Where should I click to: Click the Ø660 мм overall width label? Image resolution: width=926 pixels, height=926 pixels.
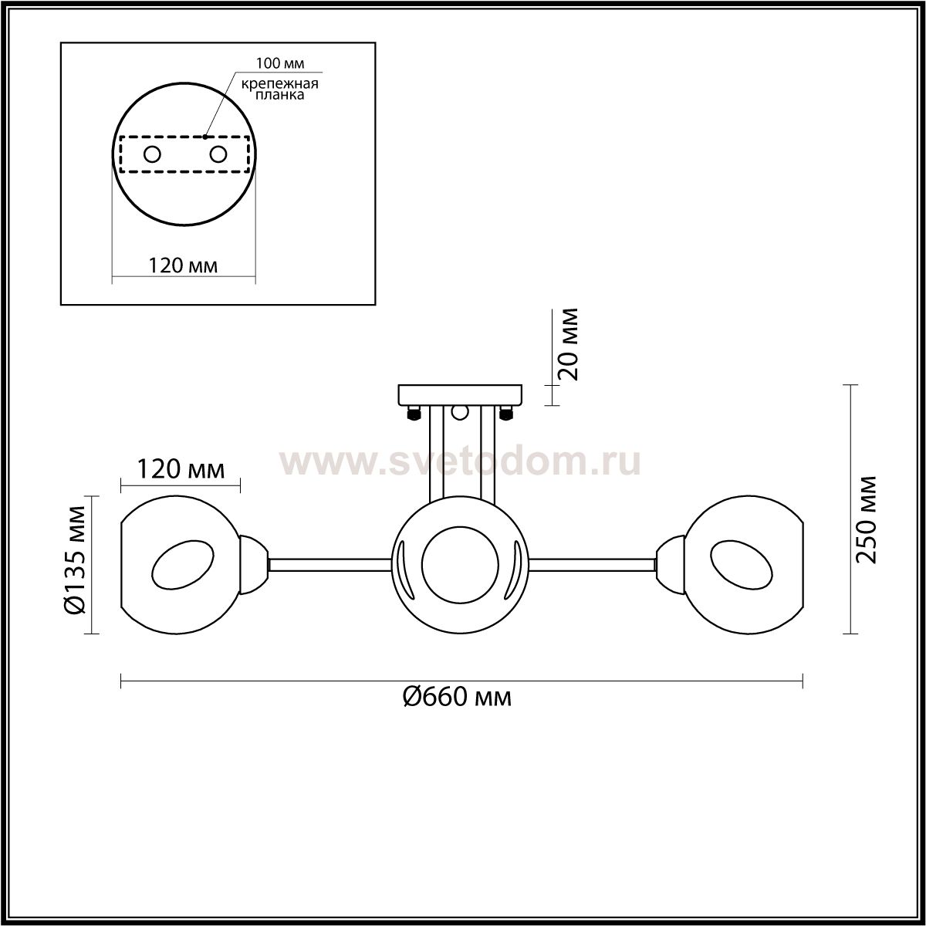pos(457,698)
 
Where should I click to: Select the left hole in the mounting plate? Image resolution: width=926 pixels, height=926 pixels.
pos(152,154)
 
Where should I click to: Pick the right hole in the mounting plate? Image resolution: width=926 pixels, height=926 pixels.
pos(218,154)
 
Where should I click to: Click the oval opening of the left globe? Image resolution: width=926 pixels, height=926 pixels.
pos(181,569)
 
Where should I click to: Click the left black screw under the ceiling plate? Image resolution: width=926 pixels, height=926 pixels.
pos(414,414)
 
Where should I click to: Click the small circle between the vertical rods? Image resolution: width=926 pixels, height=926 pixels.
pos(461,413)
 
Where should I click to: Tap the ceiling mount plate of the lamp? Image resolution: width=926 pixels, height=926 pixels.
pos(460,396)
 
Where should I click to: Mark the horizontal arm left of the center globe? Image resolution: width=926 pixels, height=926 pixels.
pos(330,565)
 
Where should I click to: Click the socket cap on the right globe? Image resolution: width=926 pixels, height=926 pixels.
pos(670,564)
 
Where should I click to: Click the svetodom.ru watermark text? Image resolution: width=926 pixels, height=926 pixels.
pos(459,462)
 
